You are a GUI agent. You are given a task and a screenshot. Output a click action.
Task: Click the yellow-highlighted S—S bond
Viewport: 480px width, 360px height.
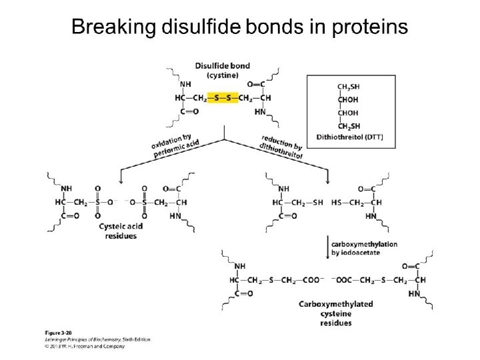(221, 97)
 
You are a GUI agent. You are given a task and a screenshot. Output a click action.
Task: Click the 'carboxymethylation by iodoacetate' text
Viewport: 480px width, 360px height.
(364, 249)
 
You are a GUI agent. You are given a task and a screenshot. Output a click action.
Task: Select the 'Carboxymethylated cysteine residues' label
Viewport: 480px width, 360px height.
(335, 313)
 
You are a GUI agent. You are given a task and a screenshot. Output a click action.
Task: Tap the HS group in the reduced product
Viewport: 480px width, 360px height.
(337, 201)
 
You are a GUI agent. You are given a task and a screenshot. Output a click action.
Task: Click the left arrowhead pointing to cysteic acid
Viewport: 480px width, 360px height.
(120, 180)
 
